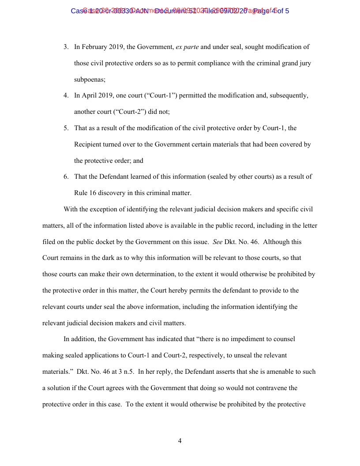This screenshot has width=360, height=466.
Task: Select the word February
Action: [95, 47]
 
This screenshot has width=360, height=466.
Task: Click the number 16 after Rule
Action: [94, 193]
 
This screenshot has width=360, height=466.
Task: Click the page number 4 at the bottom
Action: [180, 441]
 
